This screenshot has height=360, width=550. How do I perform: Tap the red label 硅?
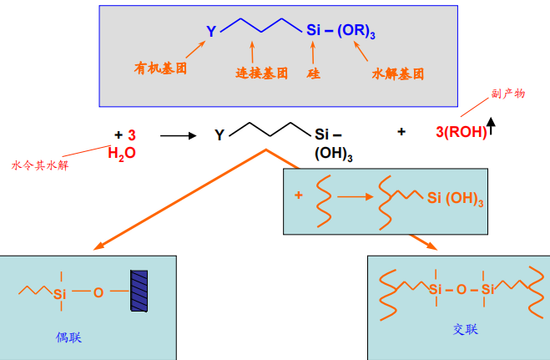tap(314, 74)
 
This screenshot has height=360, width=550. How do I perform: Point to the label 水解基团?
tap(397, 74)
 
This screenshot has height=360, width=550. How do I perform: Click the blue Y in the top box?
tap(212, 32)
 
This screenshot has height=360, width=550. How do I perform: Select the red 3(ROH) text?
tap(460, 132)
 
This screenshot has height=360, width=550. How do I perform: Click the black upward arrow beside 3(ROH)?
tap(491, 127)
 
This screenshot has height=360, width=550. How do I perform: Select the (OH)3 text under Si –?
tap(333, 155)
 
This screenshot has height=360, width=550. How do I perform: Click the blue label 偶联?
tap(68, 338)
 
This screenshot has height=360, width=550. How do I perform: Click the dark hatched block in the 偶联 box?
tap(138, 292)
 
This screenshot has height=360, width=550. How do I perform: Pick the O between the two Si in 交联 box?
tap(462, 290)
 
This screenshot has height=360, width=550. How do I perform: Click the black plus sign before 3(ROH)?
tap(401, 131)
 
